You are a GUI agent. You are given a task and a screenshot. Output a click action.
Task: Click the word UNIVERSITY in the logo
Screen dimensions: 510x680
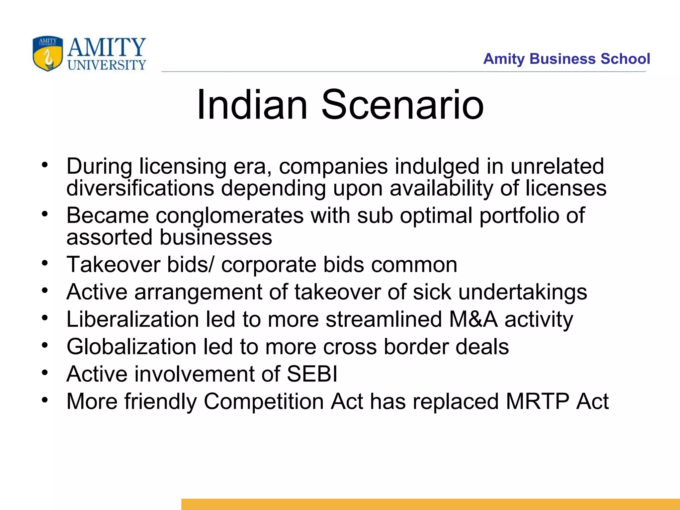[107, 65]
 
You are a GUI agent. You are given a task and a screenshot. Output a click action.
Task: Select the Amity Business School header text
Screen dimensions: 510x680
[566, 59]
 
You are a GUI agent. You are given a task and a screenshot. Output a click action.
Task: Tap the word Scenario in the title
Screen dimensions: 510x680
[402, 105]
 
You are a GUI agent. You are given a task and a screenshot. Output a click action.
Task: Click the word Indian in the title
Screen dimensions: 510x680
[252, 105]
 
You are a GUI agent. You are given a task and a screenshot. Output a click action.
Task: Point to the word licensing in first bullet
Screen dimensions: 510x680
[183, 166]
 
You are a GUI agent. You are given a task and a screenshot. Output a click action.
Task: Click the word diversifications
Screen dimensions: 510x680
[140, 188]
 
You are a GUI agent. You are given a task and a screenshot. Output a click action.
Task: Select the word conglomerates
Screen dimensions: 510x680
[230, 215]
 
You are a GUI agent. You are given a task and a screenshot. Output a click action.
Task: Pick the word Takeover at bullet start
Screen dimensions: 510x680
[113, 265]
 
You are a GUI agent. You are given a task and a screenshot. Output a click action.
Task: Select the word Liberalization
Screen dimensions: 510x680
[132, 319]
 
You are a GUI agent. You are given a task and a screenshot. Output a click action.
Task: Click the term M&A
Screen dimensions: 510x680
[473, 319]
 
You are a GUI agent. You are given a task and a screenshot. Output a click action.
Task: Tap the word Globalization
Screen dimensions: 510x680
[131, 347]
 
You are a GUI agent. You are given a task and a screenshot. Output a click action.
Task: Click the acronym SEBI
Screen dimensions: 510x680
[312, 374]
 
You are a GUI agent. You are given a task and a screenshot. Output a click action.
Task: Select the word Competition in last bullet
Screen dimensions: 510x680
[264, 402]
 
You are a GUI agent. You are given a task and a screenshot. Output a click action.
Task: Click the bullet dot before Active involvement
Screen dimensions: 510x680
[45, 373]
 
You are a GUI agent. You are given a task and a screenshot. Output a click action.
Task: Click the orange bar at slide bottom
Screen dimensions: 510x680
[430, 504]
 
